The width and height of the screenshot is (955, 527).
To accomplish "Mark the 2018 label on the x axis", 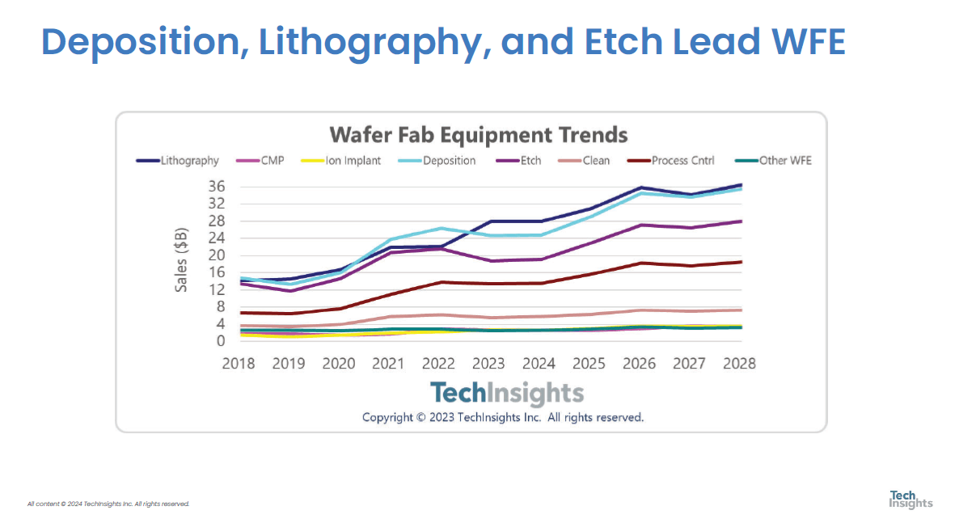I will pyautogui.click(x=239, y=363).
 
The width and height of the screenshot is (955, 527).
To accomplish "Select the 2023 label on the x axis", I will pyautogui.click(x=488, y=363).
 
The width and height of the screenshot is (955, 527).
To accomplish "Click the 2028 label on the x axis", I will pyautogui.click(x=738, y=363).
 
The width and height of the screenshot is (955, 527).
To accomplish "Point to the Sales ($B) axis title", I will pyautogui.click(x=182, y=260).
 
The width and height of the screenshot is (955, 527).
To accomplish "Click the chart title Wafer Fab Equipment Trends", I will pyautogui.click(x=478, y=133).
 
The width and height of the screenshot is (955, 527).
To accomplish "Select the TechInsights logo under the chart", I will pyautogui.click(x=506, y=393).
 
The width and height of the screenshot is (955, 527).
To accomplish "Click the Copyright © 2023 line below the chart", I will pyautogui.click(x=503, y=417).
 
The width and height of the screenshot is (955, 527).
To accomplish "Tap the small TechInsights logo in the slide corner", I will pyautogui.click(x=911, y=499).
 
